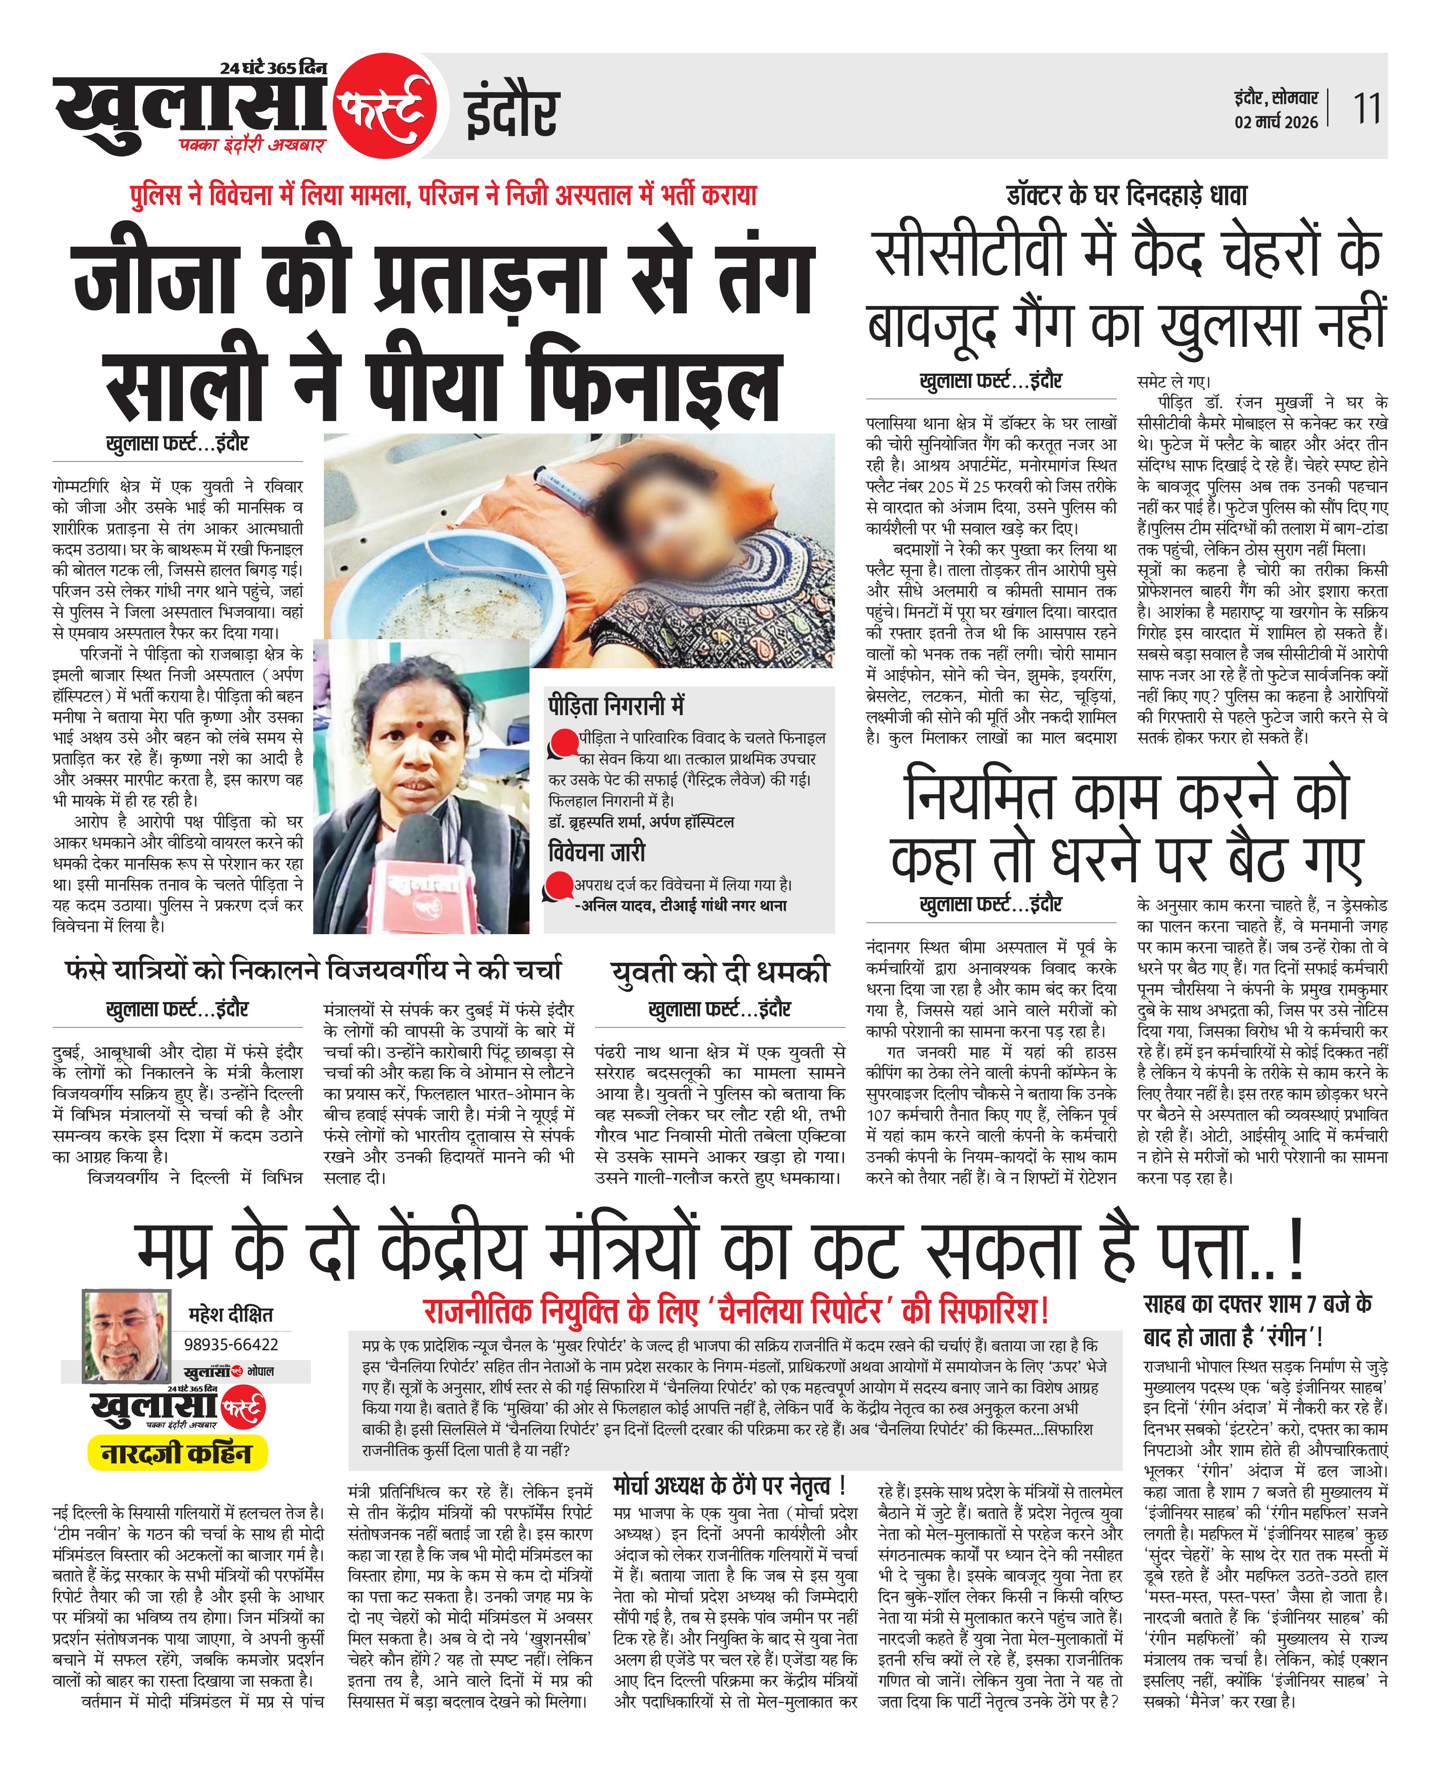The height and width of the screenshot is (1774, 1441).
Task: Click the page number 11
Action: click(x=1366, y=109)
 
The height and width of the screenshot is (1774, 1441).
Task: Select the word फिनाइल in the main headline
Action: click(x=656, y=387)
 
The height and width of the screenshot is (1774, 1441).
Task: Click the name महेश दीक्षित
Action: click(x=231, y=1314)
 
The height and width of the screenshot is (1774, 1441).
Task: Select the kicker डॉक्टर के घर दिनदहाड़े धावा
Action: click(x=1126, y=196)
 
